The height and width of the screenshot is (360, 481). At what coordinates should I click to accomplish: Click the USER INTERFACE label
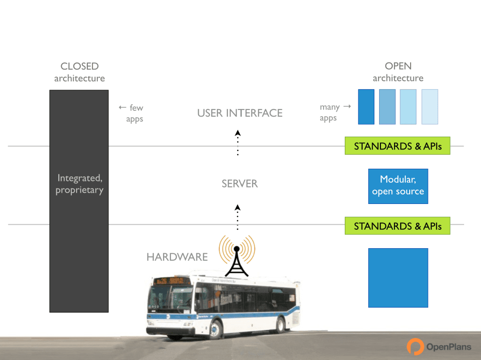pos(240,113)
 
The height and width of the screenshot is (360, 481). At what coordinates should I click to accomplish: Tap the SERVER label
pos(240,184)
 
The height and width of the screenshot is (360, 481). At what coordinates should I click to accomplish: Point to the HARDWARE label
pos(177,257)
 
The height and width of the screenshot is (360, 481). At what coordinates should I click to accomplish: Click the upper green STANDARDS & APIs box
pos(397,146)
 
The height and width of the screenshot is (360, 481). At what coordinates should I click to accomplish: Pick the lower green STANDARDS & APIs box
pos(397,226)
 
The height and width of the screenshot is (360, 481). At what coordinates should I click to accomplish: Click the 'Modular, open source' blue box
pos(398,186)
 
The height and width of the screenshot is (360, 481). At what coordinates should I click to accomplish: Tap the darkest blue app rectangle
pos(366,107)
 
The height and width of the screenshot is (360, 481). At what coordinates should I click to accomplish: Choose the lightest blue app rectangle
pos(430,107)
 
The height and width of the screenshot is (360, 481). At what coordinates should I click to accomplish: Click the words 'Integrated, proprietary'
pos(79,184)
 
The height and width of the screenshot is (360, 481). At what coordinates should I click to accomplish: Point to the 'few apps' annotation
pos(132,113)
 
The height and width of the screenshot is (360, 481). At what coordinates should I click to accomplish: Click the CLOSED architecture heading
pos(79,72)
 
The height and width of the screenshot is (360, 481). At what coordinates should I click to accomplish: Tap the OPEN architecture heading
pos(398,72)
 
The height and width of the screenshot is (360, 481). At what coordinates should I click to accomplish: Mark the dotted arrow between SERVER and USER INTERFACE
pos(238,142)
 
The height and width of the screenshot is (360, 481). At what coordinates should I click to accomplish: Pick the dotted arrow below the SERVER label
pos(238,217)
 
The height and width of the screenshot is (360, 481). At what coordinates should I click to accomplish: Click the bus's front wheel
pos(216,329)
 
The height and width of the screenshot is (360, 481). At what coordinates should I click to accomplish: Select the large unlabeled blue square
pos(398,278)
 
